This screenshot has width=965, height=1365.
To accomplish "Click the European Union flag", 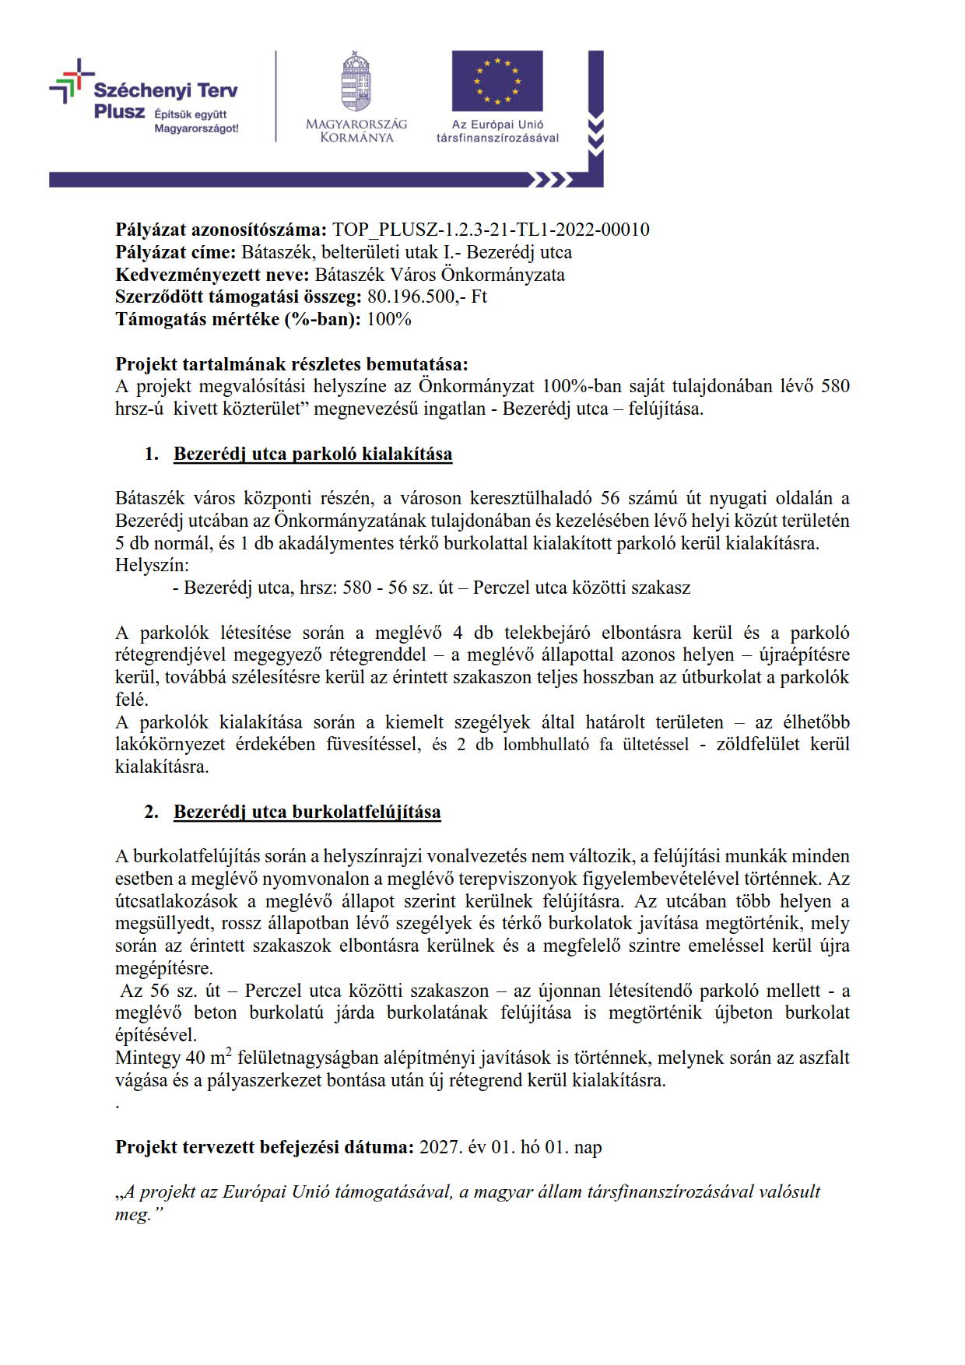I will coord(497,81).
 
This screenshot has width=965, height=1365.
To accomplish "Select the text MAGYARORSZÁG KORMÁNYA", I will coord(356,131).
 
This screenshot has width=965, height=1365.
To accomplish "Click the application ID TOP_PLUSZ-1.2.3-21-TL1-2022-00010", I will coord(490,230).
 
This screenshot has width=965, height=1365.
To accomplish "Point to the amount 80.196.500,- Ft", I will coord(426,297).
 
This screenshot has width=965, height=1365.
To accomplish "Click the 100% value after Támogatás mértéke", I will coord(388,319).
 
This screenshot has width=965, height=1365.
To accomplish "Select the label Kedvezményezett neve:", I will coord(212,275).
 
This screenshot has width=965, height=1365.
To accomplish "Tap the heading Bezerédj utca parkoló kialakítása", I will coord(313,454).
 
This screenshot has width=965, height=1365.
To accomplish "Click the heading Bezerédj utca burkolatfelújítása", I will coord(307,812).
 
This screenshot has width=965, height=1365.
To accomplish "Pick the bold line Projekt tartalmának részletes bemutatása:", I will coord(293,364).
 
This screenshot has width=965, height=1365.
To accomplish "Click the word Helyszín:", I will coord(153,565).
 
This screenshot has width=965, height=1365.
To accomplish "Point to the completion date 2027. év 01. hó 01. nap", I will coord(511,1147).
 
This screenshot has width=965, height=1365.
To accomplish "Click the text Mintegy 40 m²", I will coord(170,1058).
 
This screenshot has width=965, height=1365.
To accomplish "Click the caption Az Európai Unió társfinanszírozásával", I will coord(498,131).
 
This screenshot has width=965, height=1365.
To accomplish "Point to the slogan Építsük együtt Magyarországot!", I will coord(196,122).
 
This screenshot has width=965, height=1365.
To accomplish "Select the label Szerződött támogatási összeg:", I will coord(238,297).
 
